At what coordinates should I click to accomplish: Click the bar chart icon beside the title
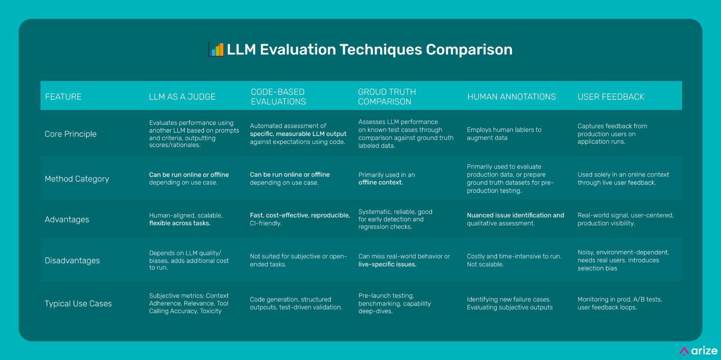pyautogui.click(x=215, y=49)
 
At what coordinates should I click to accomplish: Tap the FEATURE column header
pyautogui.click(x=63, y=97)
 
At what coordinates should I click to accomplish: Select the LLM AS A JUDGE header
pyautogui.click(x=182, y=97)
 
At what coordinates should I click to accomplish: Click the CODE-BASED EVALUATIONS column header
pyautogui.click(x=278, y=97)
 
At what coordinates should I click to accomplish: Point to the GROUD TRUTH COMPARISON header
pyautogui.click(x=387, y=97)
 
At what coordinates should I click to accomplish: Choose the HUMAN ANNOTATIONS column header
pyautogui.click(x=511, y=97)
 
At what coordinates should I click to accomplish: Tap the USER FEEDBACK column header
pyautogui.click(x=611, y=97)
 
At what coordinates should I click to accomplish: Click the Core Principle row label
pyautogui.click(x=70, y=134)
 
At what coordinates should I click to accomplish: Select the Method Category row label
pyautogui.click(x=77, y=179)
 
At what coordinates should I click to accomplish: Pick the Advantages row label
pyautogui.click(x=67, y=219)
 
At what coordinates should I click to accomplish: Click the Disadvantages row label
pyautogui.click(x=72, y=260)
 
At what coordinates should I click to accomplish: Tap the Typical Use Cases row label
pyautogui.click(x=78, y=304)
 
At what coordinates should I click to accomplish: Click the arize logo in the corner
pyautogui.click(x=698, y=351)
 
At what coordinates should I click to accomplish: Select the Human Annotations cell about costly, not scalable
pyautogui.click(x=514, y=260)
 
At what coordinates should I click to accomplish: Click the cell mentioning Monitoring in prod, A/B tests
pyautogui.click(x=619, y=303)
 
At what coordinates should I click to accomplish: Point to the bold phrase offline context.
pyautogui.click(x=381, y=183)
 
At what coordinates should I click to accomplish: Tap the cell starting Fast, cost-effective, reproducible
pyautogui.click(x=299, y=219)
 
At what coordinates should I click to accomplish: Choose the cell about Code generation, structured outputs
pyautogui.click(x=296, y=303)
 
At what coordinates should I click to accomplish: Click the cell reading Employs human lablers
pyautogui.click(x=504, y=134)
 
